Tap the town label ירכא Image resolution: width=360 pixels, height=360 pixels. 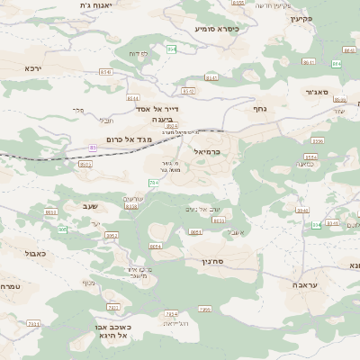point(58,67)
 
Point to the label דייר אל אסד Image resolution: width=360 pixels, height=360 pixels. point(154,108)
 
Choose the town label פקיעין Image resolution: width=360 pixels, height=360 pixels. point(326,18)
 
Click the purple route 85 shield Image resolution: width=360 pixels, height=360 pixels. point(92,147)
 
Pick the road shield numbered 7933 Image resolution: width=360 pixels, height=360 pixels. point(32,323)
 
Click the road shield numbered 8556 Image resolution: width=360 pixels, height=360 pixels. point(317,141)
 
